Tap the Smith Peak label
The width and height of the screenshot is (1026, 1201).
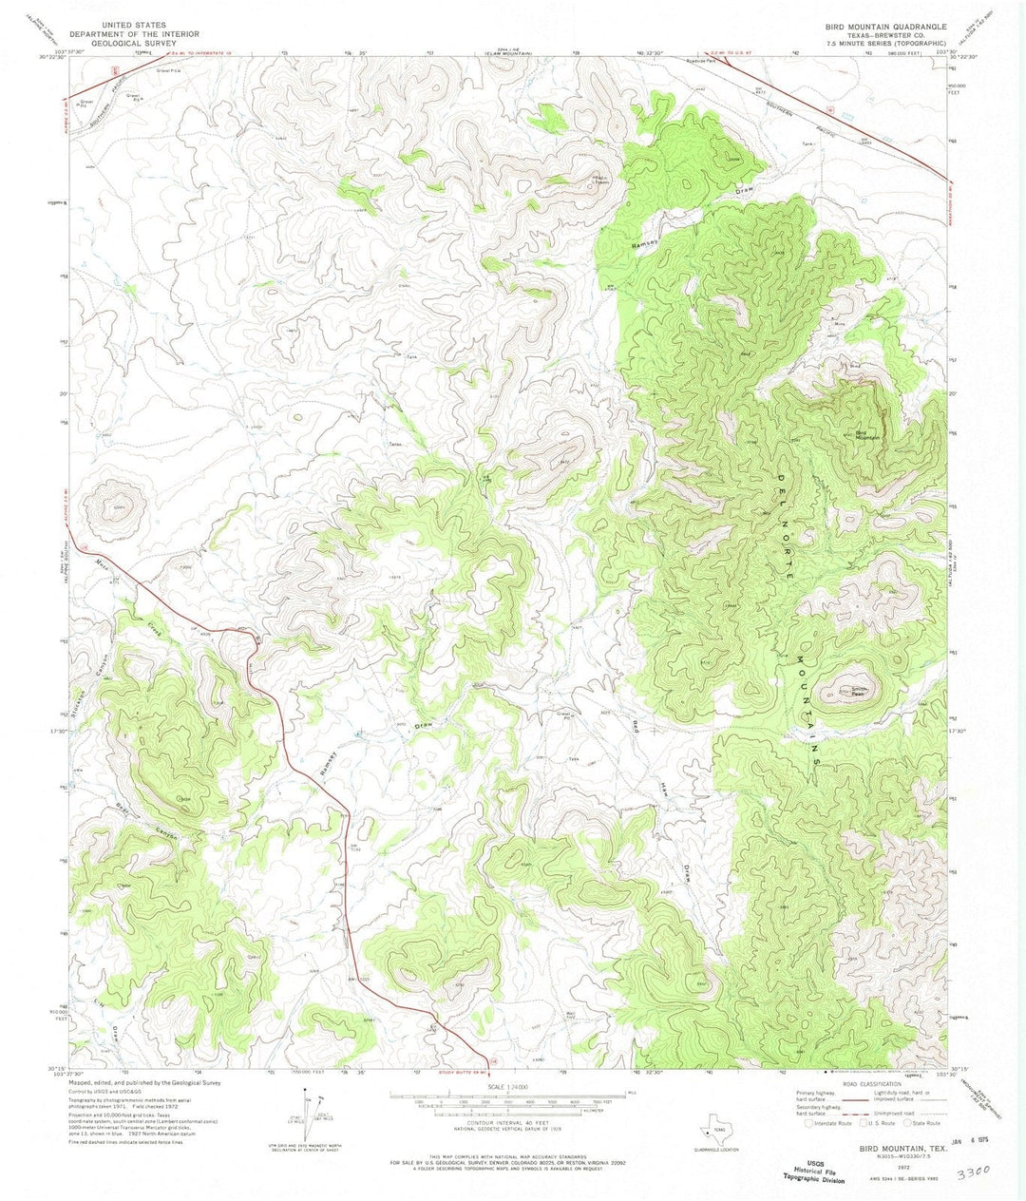pos(857,691)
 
